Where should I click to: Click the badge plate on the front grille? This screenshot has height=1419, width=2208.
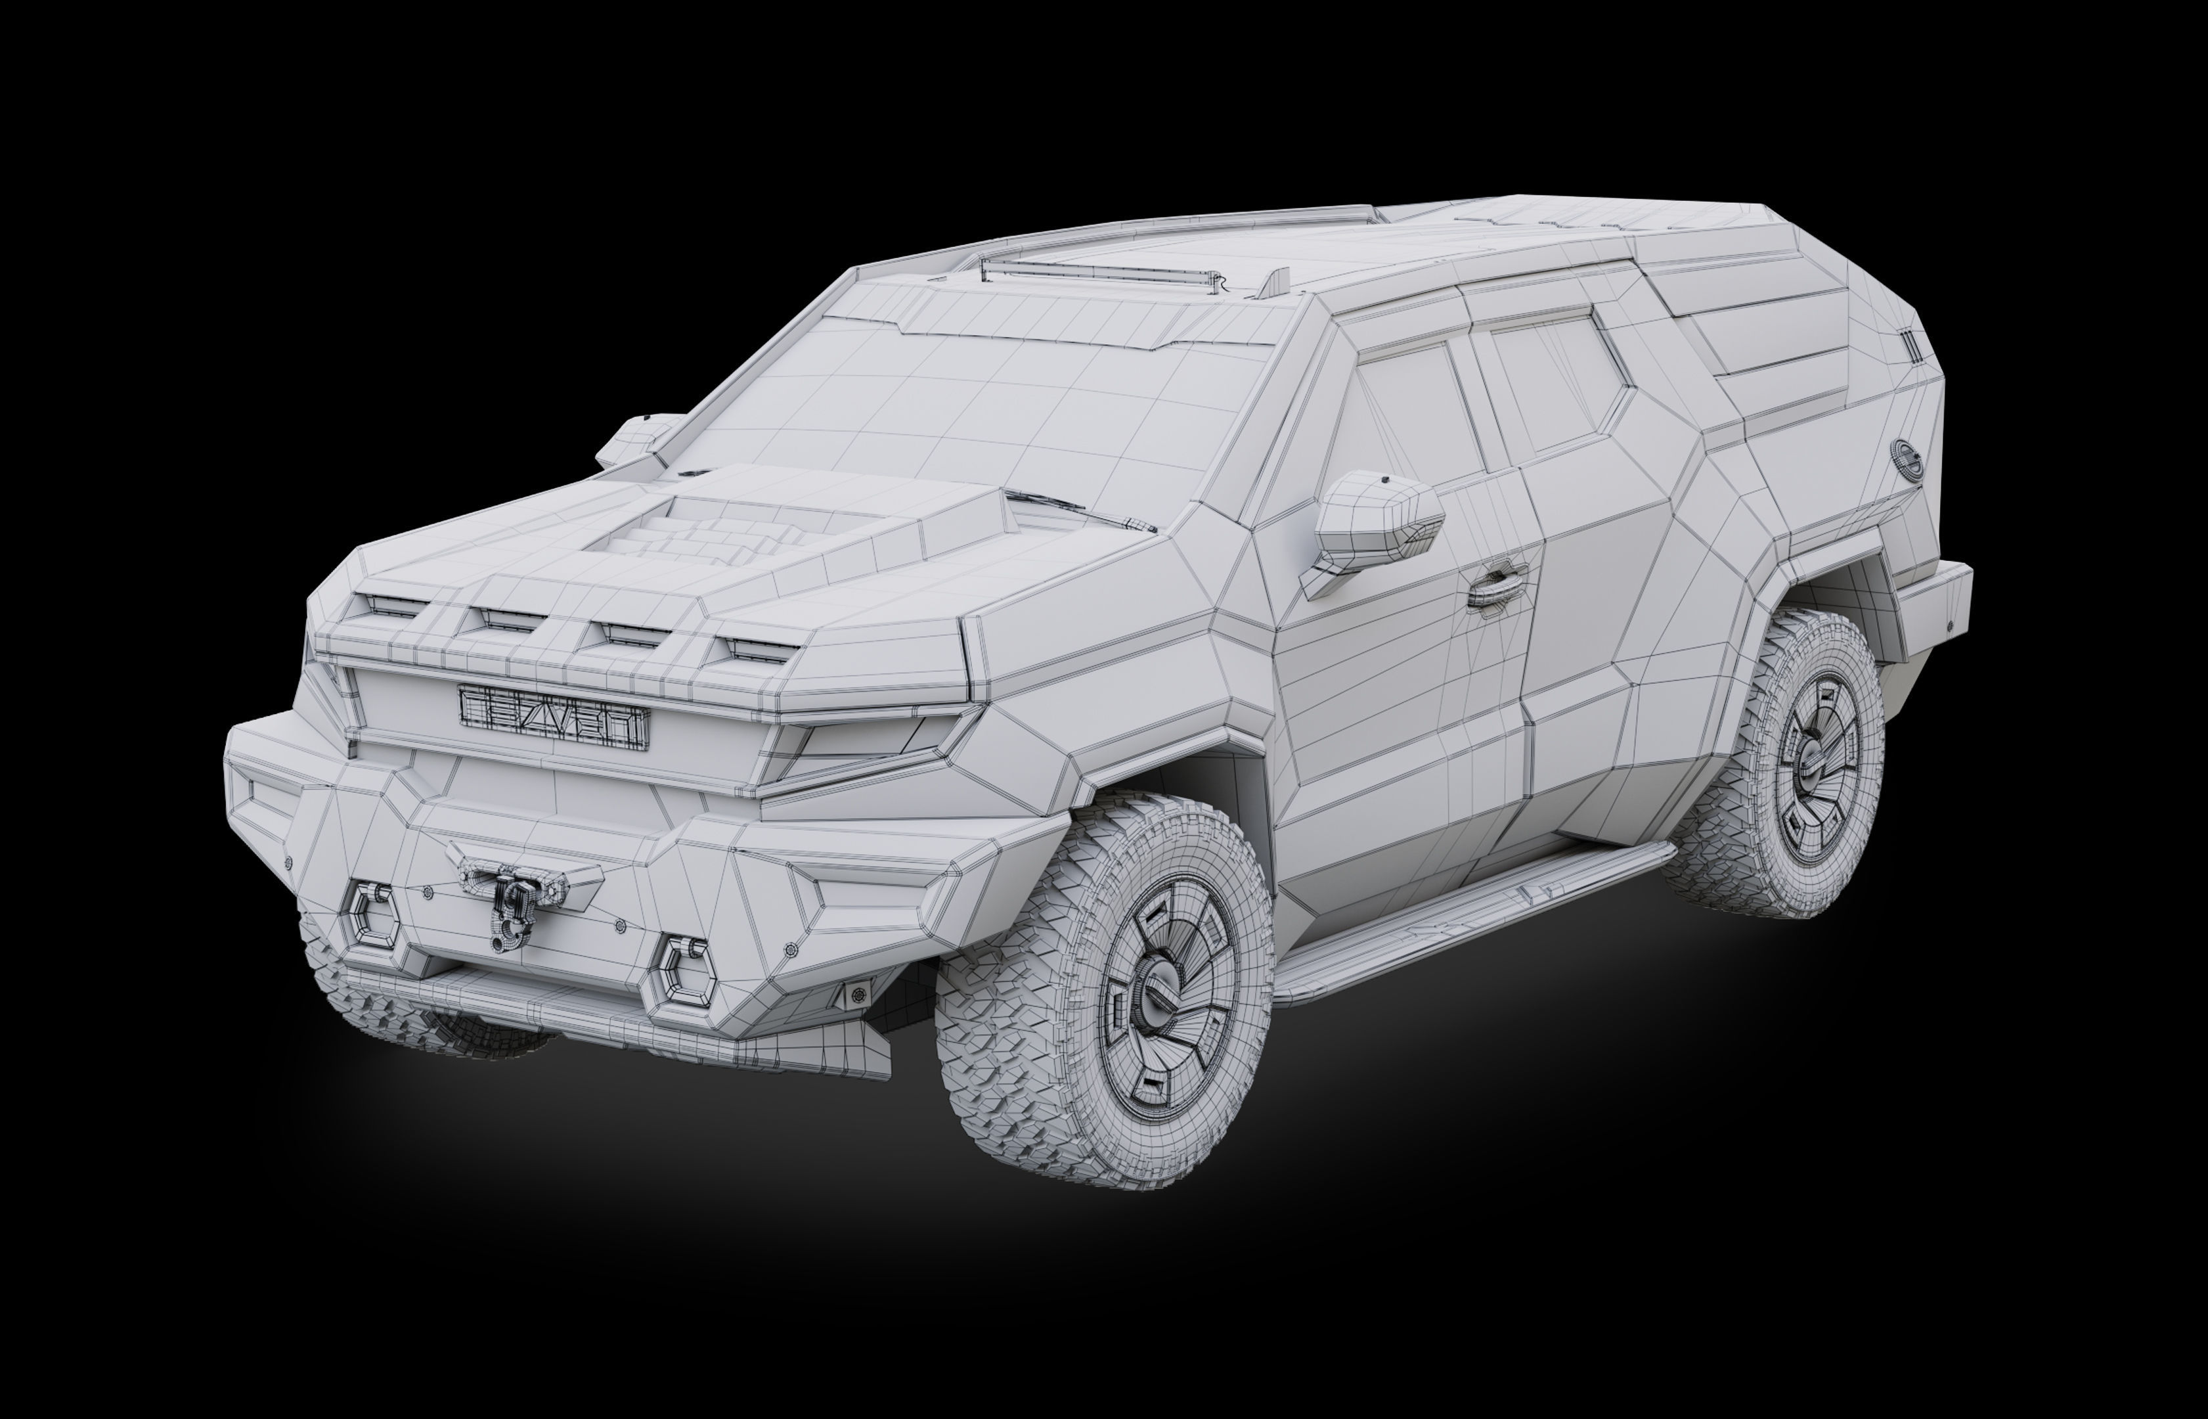pos(554,727)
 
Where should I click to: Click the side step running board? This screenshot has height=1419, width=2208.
pos(1465,922)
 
